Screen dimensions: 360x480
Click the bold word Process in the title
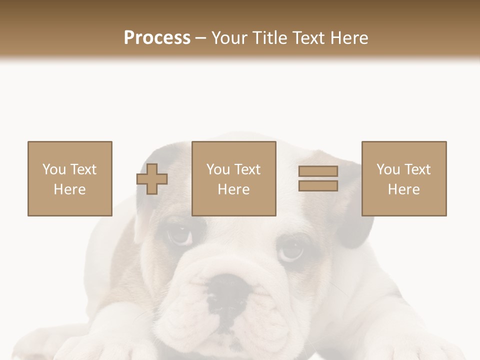point(157,38)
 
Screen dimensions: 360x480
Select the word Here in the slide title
point(348,38)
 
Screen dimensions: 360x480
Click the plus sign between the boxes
point(152,179)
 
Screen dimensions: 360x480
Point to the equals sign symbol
point(318,178)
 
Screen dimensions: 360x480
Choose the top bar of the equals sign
point(318,171)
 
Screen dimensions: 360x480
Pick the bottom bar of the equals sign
point(318,185)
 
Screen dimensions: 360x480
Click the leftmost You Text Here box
point(69,178)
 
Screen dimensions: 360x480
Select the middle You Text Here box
point(233,178)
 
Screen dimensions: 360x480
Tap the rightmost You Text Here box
point(403,178)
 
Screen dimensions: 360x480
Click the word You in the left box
point(54,169)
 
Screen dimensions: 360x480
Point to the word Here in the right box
point(403,189)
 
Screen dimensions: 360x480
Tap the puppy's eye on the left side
point(178,233)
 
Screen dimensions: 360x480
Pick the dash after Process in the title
point(200,38)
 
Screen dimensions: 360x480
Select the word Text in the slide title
point(308,38)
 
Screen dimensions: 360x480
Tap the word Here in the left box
point(69,189)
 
